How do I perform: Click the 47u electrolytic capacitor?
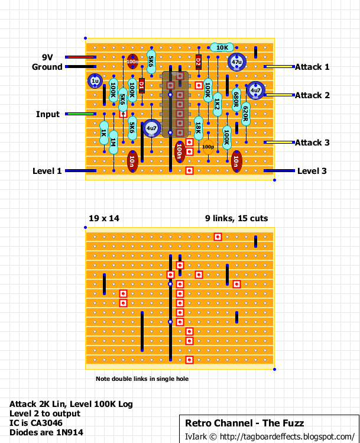236,62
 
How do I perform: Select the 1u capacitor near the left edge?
95,81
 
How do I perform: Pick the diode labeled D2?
199,62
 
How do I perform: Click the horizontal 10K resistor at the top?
222,47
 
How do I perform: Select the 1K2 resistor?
218,104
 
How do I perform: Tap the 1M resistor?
113,142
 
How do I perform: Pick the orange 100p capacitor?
208,146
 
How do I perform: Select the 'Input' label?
48,114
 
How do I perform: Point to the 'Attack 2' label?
312,95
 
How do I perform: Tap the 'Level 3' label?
312,171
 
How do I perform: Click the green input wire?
80,114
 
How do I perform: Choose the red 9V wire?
80,57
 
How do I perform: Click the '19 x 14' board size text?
103,218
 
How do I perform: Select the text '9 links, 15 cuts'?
236,218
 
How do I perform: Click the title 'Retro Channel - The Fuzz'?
245,423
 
